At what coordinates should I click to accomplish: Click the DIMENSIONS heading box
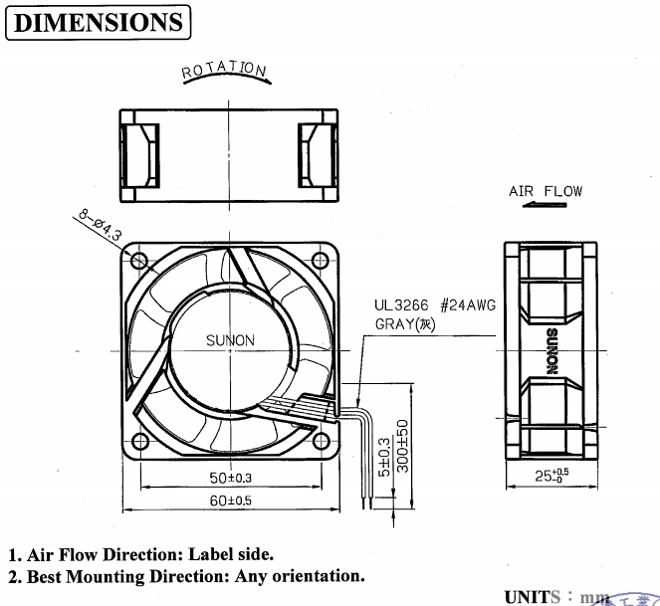pos(98,21)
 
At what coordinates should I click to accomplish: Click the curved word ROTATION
pos(223,71)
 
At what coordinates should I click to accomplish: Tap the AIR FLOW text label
pos(546,191)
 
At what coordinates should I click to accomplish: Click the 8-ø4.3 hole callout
pos(97,226)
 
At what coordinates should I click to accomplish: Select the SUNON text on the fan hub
pos(230,340)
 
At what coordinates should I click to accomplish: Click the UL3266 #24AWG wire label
pos(434,306)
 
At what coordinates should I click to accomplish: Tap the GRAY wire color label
pos(406,324)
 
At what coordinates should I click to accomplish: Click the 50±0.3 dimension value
pos(230,479)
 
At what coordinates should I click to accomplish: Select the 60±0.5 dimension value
pos(230,500)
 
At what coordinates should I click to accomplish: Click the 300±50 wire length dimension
pos(402,446)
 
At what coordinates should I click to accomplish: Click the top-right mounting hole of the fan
pos(320,261)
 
